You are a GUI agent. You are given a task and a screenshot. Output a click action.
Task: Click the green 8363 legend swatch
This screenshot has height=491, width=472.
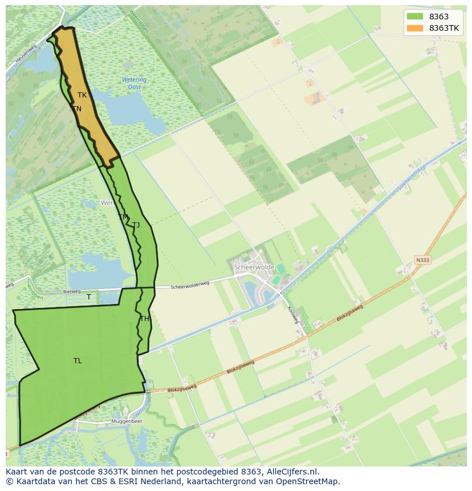(x=414, y=17)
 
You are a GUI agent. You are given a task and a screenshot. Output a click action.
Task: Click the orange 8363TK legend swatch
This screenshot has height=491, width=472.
(x=414, y=28)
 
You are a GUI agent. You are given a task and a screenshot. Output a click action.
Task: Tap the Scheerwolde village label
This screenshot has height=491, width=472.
(x=254, y=267)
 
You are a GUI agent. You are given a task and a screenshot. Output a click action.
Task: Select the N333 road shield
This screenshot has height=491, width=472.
(x=422, y=260)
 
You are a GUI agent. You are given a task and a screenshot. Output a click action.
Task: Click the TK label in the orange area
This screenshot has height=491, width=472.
(x=82, y=95)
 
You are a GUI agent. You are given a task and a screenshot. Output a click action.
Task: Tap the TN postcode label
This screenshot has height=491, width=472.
(x=77, y=108)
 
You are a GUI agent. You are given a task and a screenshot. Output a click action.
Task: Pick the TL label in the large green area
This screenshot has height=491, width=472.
(x=78, y=360)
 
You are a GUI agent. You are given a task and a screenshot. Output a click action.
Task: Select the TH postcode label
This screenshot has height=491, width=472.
(x=144, y=319)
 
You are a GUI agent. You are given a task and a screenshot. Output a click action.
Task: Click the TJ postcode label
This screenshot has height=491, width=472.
(x=136, y=225)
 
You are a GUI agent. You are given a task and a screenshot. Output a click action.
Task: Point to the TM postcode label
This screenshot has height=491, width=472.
(x=123, y=217)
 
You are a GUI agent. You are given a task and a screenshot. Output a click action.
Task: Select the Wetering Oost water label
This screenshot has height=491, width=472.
(x=134, y=83)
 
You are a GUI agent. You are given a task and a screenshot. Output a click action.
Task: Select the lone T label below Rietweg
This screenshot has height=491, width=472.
(x=89, y=297)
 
